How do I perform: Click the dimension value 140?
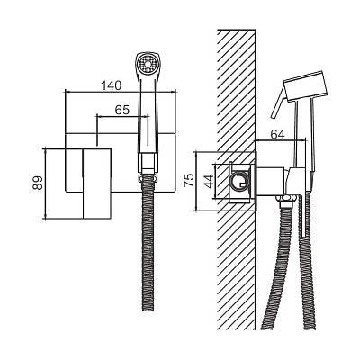tap(111, 85)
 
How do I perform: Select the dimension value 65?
tap(122, 110)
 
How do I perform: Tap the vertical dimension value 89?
tap(38, 183)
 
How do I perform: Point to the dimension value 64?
tap(277, 135)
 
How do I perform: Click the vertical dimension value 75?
tap(189, 181)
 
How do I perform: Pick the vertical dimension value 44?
tap(208, 181)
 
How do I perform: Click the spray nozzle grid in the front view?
tap(148, 64)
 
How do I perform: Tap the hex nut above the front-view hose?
tap(148, 178)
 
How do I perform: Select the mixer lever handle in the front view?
tap(97, 184)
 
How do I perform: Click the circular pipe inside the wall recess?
tap(239, 181)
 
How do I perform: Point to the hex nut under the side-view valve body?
tap(287, 198)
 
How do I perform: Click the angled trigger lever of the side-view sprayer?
tap(278, 103)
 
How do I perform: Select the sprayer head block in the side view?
tap(306, 86)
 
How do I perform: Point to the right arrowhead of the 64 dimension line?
tap(302, 140)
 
